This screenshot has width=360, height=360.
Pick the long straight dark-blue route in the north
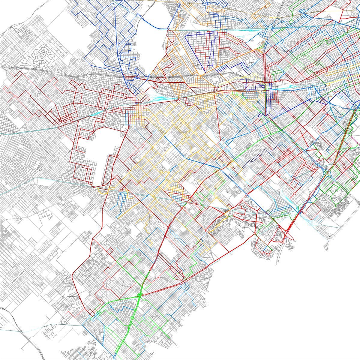[120, 60]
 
